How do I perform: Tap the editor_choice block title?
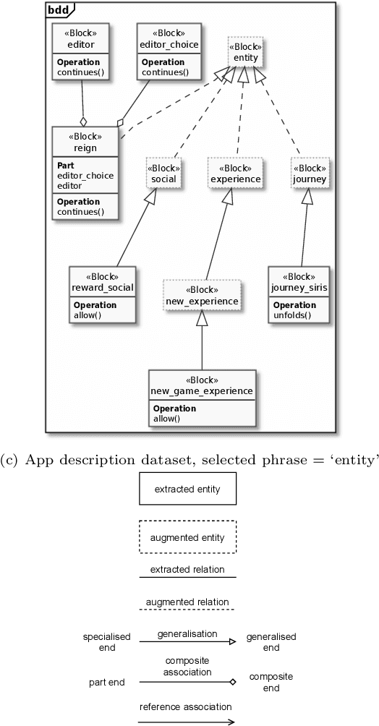pyautogui.click(x=169, y=45)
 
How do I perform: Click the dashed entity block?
pyautogui.click(x=244, y=52)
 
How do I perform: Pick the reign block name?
pyautogui.click(x=85, y=148)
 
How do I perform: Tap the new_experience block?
pyautogui.click(x=202, y=295)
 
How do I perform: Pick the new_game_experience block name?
pyautogui.click(x=202, y=391)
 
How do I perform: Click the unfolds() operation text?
pyautogui.click(x=290, y=315)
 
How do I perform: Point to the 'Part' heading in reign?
pyautogui.click(x=66, y=166)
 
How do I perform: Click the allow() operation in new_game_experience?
pyautogui.click(x=166, y=418)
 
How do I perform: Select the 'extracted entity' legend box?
pyautogui.click(x=187, y=490)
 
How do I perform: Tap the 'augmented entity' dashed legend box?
pyautogui.click(x=187, y=537)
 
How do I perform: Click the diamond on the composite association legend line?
pyautogui.click(x=232, y=681)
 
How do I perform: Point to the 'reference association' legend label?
pyautogui.click(x=186, y=706)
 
